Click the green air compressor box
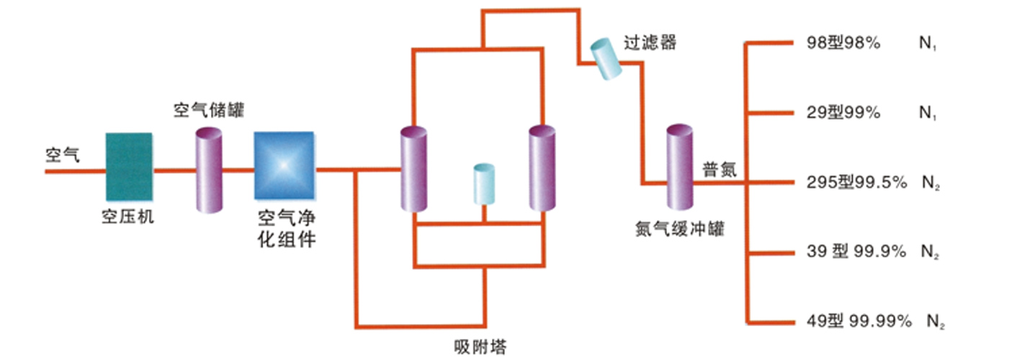tap(130, 166)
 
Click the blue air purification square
tap(285, 166)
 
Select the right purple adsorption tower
tap(542, 168)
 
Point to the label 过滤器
tap(651, 42)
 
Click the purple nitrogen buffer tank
tap(679, 167)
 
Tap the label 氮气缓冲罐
tap(679, 230)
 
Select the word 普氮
tap(719, 170)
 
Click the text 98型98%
tap(843, 43)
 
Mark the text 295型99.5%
tap(856, 183)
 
